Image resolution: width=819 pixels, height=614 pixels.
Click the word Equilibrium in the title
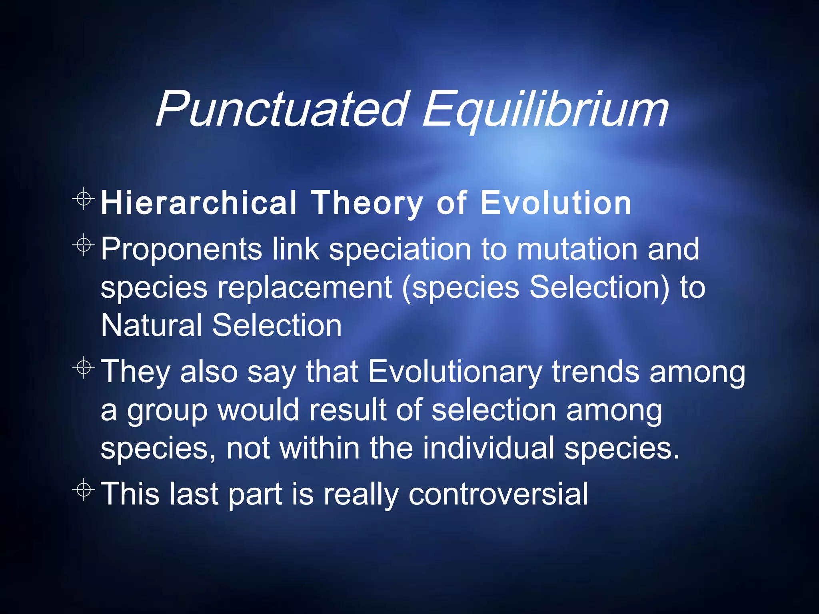point(545,109)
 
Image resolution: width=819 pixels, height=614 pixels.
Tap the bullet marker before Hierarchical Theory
point(84,198)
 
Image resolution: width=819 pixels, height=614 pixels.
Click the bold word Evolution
point(555,203)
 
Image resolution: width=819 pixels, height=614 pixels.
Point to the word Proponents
point(181,249)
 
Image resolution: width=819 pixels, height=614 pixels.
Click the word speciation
point(400,249)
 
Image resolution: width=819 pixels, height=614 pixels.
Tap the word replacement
point(304,287)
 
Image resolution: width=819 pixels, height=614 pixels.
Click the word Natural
point(151,325)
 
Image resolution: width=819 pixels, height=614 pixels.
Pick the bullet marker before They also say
point(84,367)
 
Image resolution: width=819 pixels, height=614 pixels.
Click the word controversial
point(498,494)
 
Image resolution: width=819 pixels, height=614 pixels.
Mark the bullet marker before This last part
point(84,489)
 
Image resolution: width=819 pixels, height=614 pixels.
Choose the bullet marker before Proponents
point(84,245)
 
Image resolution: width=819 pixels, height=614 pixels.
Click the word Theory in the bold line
point(367,203)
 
